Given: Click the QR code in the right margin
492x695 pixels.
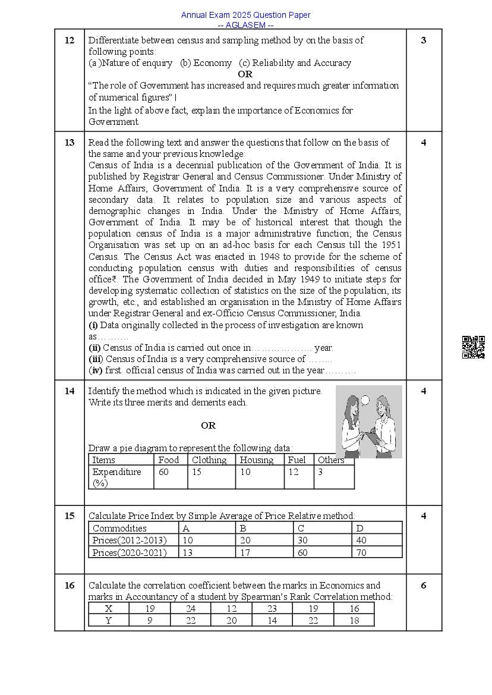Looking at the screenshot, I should pos(473,347).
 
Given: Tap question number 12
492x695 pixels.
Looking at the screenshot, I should pos(70,40).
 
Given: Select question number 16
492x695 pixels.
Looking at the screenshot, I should pos(70,586).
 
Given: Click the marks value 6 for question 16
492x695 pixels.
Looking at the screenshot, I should pos(424,586).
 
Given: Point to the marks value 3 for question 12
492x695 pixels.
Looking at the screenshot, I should pos(424,40).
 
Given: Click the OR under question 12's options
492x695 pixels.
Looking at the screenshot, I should pos(245,74).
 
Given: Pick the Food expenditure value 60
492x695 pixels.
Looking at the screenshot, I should pos(163,472).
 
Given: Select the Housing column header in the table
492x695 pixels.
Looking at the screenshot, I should pos(257,460).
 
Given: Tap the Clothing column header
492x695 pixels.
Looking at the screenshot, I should pos(209,460).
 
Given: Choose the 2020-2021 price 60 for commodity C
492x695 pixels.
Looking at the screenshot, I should pos(303,553).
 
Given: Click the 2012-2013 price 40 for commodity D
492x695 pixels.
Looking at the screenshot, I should pos(361,540).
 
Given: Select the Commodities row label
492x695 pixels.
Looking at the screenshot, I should pos(119,529).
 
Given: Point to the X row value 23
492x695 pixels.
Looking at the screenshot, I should pos(272,609).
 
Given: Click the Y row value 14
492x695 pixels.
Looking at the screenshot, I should pos(272,621).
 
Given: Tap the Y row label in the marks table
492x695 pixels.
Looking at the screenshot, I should pos(109,621).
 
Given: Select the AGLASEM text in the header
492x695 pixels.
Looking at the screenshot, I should pos(245,25).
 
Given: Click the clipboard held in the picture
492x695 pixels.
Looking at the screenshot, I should pos(371,439).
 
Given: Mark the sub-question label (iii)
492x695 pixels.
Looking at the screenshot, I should pos(96,359).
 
